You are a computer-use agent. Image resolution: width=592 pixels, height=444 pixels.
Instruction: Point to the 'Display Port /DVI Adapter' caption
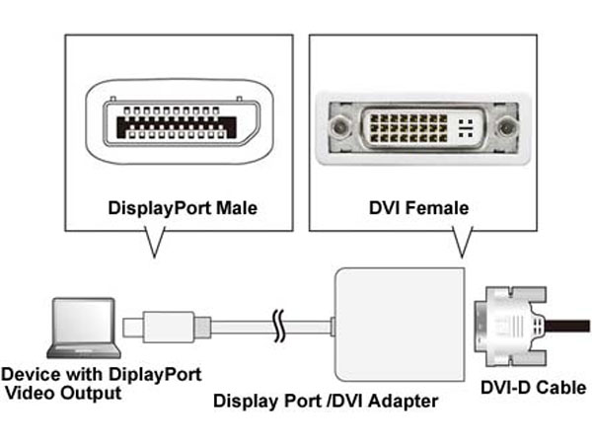tap(326, 402)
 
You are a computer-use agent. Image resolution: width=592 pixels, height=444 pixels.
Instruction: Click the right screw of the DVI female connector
tap(507, 127)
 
